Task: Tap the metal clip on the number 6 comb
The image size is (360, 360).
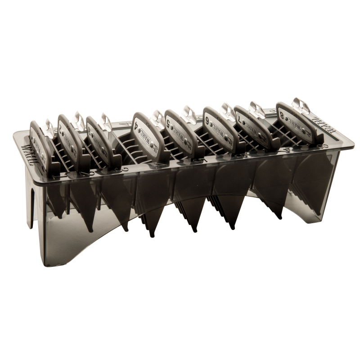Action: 225,110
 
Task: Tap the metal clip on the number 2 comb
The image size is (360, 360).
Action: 77,120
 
